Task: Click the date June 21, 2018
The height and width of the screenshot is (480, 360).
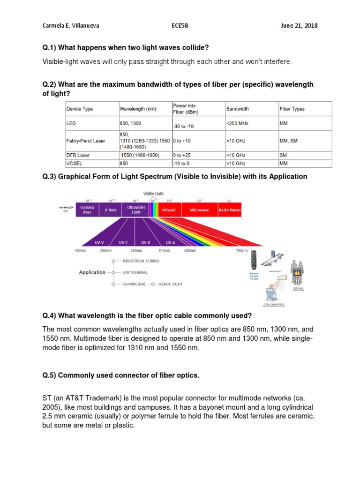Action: [299, 25]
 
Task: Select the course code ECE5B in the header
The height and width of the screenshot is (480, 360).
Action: [180, 25]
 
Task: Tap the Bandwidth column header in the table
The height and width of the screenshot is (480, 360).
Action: [238, 109]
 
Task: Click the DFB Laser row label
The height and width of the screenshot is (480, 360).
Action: [78, 155]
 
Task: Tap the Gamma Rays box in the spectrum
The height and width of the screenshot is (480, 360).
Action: [88, 210]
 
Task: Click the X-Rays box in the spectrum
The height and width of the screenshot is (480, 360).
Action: [111, 210]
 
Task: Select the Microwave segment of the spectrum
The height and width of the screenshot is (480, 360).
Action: [199, 210]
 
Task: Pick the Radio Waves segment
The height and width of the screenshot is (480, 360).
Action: [230, 210]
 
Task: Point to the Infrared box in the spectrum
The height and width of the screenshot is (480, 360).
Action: [169, 210]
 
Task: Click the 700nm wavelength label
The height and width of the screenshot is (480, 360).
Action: [241, 251]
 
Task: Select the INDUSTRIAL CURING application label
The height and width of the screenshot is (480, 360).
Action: [141, 261]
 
